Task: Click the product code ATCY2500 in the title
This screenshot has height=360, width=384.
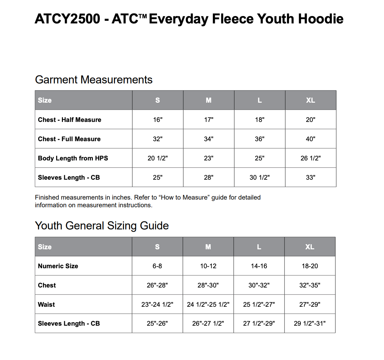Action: coord(67,19)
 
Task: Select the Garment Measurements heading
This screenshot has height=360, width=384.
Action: coord(94,80)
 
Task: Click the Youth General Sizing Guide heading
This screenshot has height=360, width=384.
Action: coord(102,226)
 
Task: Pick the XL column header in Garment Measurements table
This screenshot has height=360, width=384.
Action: coord(310,100)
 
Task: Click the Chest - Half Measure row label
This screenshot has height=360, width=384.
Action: coord(69,120)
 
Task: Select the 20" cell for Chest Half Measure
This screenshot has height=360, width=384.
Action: coord(310,120)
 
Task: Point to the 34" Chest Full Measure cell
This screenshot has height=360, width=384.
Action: coord(209,139)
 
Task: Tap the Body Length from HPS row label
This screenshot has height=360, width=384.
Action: coord(73,158)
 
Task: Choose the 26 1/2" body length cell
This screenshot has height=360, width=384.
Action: coord(310,158)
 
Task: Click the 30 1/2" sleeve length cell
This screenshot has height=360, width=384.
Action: coord(259,177)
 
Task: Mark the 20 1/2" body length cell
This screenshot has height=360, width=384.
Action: coord(158,158)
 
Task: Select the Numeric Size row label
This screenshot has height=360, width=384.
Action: coord(58,266)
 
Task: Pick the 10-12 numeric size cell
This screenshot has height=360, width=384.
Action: coord(208,266)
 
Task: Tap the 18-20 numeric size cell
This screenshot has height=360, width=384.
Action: coord(310,266)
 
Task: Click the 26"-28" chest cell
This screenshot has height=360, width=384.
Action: coord(157,285)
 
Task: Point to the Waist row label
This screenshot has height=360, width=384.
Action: coord(46,304)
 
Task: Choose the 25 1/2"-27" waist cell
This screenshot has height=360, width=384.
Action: coord(259,304)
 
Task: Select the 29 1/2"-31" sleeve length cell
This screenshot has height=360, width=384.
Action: coord(310,323)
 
